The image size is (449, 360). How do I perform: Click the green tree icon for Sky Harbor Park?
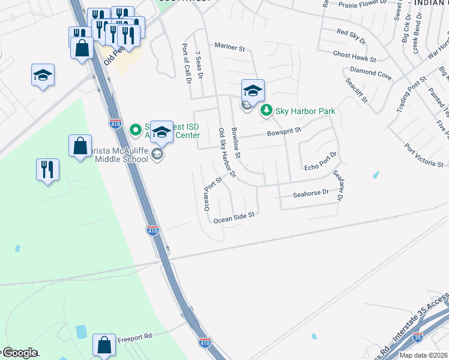265,111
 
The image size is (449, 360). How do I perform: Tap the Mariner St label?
231,46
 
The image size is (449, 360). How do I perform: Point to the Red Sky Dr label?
351,35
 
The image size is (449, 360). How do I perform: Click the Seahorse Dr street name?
311,193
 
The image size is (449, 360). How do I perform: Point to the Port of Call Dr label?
187,63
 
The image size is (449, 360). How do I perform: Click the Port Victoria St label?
423,155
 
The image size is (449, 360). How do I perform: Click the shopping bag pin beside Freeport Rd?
104,345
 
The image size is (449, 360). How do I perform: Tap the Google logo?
19,353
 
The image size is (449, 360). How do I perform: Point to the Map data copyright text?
423,355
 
